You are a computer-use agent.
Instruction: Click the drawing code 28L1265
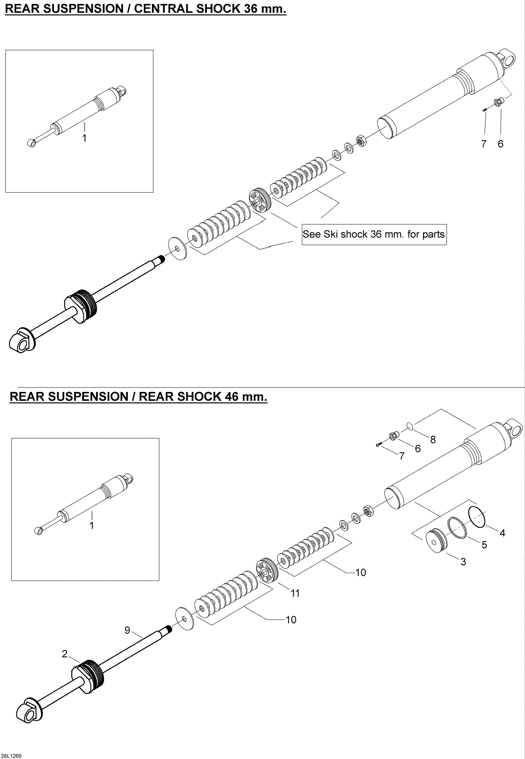pos(12,753)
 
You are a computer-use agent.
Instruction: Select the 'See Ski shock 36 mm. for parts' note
pos(374,234)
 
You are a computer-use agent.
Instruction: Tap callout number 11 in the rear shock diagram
pos(295,594)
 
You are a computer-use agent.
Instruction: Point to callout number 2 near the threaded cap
pos(65,654)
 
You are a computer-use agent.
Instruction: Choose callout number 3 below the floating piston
pos(463,562)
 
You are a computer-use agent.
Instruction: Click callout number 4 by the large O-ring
pos(502,533)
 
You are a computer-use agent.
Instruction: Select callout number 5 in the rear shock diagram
pos(484,545)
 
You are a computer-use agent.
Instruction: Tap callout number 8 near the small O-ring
pos(433,440)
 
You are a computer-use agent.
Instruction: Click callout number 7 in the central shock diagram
pos(484,144)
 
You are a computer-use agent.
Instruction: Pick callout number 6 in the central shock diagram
pos(500,144)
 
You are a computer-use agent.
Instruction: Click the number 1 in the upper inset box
pos(84,138)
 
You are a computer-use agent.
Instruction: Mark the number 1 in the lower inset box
pos(92,526)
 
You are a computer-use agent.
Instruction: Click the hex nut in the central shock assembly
pos(362,141)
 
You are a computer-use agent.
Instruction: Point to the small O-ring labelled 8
pos(409,426)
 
